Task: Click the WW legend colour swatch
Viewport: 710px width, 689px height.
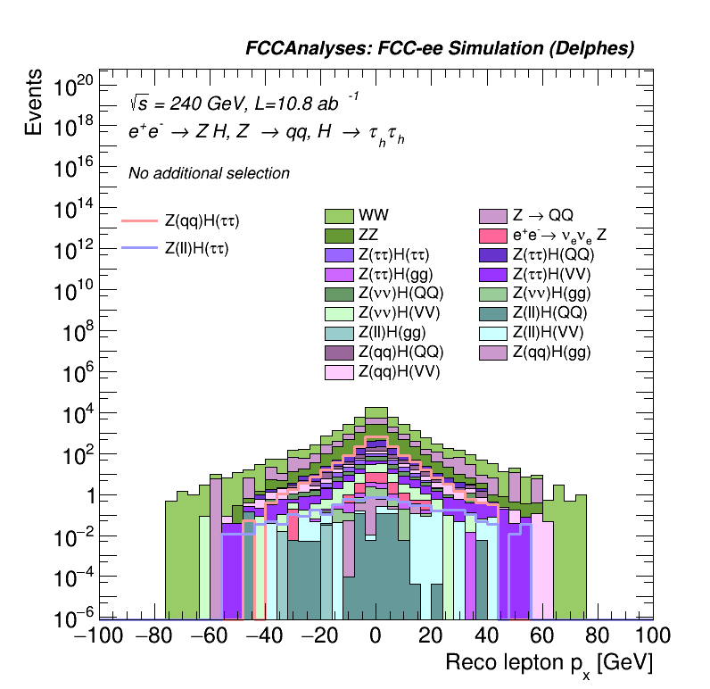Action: coord(339,216)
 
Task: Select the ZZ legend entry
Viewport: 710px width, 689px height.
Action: coord(339,236)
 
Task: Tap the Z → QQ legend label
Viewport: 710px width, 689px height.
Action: coord(542,216)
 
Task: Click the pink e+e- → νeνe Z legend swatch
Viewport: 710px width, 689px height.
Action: coord(493,236)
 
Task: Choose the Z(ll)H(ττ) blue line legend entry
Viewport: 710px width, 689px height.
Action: coord(195,248)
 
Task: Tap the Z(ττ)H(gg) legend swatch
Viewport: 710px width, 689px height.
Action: coord(339,274)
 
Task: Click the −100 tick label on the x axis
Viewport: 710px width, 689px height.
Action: coord(98,636)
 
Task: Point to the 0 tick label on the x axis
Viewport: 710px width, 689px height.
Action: coord(376,636)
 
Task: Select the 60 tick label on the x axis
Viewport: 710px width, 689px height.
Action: coord(542,636)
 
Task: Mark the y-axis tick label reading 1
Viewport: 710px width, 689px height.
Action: coord(87,497)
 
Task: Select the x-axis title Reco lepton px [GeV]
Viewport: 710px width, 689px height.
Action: coord(549,663)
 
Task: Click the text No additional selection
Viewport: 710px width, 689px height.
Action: coord(209,173)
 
